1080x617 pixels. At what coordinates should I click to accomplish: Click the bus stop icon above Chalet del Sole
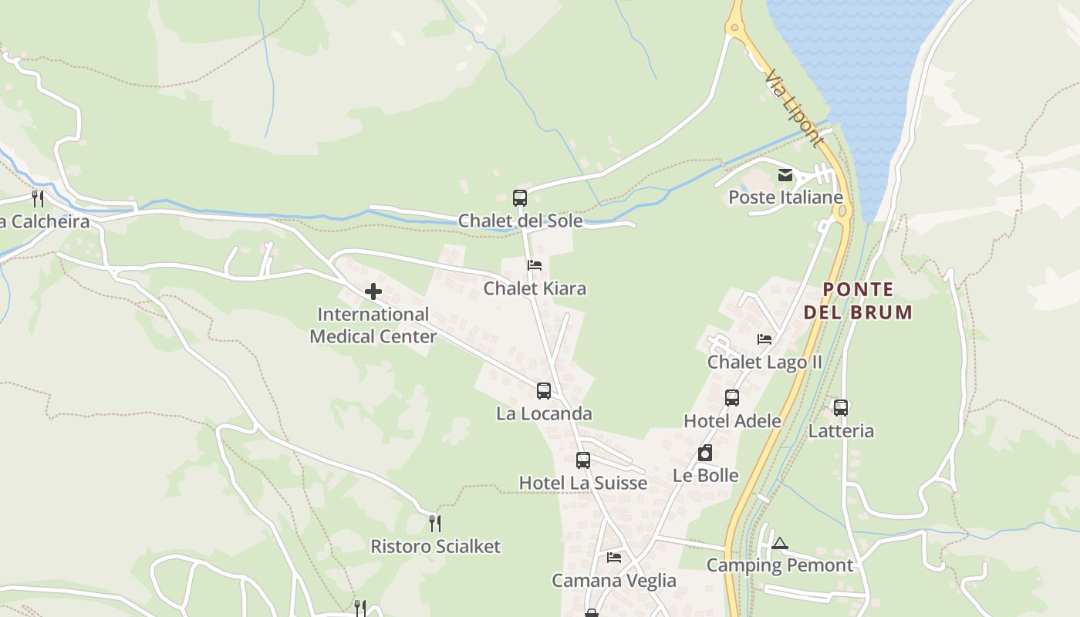tap(520, 198)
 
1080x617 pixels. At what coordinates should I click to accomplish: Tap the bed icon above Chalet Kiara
tap(534, 265)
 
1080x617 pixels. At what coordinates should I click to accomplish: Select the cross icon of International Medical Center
tap(373, 292)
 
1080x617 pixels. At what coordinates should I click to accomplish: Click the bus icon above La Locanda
tap(544, 391)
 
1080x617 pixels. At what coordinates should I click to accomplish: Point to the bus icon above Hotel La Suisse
tap(583, 460)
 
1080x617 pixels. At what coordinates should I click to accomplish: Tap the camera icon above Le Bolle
tap(705, 453)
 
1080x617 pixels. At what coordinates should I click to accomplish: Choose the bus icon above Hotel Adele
tap(732, 398)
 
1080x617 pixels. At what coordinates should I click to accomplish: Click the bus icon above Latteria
tap(841, 408)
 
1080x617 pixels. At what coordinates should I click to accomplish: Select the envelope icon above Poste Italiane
tap(785, 175)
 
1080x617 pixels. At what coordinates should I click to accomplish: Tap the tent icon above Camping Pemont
tap(780, 544)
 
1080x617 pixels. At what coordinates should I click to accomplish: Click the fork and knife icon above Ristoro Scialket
tap(435, 524)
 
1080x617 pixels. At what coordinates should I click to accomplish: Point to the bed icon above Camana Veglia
tap(614, 557)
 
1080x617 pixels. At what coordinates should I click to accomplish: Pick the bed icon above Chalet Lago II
tap(764, 339)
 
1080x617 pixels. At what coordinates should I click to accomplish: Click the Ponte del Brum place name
tap(858, 301)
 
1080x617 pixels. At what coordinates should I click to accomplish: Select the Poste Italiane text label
tap(785, 197)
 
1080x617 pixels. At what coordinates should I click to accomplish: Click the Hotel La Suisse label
tap(582, 483)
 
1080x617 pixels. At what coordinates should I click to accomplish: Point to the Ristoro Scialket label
tap(435, 547)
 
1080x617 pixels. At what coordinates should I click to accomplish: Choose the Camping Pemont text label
tap(780, 565)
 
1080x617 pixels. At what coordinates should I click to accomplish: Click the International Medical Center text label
tap(373, 325)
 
